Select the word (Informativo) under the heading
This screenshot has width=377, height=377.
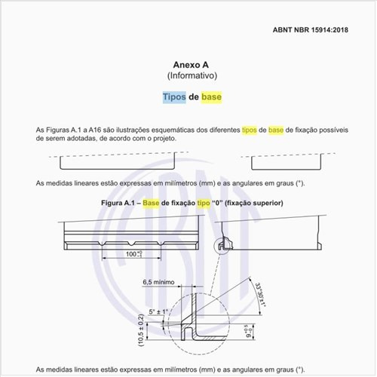pos(192,76)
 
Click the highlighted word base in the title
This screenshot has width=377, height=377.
pos(211,97)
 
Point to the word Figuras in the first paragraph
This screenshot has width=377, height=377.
pos(66,130)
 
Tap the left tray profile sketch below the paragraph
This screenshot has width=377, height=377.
pos(117,161)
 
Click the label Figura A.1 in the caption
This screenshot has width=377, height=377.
pos(121,204)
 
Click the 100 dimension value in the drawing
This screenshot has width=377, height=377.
pos(133,256)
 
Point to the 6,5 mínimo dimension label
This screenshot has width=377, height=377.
pos(158,282)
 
